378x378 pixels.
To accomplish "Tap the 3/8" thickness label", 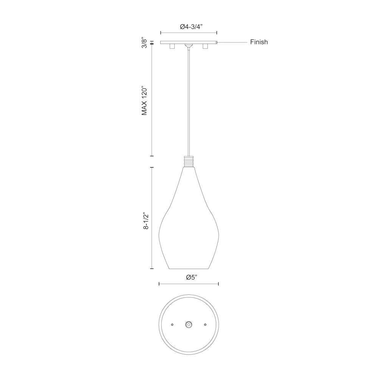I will pos(144,43).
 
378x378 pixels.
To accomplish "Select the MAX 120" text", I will pos(144,101).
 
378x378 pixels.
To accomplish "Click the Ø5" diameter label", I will pos(192,277).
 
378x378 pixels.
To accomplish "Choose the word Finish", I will pos(259,42).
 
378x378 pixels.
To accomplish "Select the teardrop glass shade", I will pos(188,227).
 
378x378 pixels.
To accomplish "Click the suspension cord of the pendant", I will pos(188,102).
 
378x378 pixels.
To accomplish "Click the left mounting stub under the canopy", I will pos(172,46).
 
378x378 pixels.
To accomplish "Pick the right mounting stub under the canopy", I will pos(205,46).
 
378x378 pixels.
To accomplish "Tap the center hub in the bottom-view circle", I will pos(189,324).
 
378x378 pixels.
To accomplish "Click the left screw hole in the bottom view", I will pos(172,324).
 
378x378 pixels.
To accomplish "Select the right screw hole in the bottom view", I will pos(205,324).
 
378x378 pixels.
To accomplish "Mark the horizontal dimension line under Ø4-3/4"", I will pos(189,33).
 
